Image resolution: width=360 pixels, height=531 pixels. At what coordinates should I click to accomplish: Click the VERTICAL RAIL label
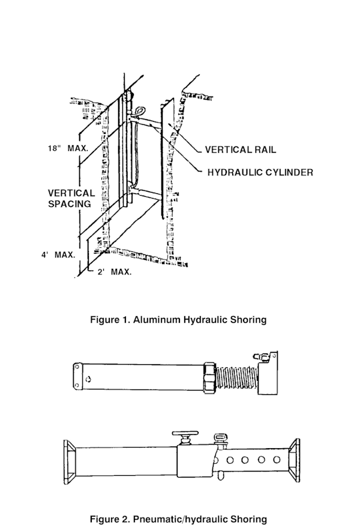(x=241, y=149)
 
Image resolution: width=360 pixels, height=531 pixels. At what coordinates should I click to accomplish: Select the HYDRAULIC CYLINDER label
(x=260, y=172)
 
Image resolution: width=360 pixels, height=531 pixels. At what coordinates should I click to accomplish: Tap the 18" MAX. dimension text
(x=68, y=148)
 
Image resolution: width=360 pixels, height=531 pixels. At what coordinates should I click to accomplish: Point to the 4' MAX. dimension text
(x=58, y=254)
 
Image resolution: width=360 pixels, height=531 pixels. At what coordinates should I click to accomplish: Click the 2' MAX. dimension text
(x=115, y=272)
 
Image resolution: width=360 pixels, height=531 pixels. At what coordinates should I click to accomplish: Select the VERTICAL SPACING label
(x=71, y=199)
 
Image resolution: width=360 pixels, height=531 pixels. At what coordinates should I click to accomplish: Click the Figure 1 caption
(x=178, y=320)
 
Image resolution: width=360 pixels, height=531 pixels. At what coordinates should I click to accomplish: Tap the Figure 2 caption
(x=178, y=519)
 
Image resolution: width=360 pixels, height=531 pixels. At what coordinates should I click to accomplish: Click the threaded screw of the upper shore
(x=237, y=378)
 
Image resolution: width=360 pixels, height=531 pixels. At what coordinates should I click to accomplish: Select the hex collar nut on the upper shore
(x=209, y=377)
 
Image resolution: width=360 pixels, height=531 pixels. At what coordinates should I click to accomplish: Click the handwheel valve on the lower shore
(x=185, y=438)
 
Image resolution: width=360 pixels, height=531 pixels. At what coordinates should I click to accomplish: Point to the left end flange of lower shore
(x=70, y=462)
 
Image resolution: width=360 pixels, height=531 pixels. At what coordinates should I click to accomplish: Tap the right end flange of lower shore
(x=294, y=460)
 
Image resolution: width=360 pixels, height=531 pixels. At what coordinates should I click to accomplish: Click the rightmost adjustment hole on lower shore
(x=277, y=460)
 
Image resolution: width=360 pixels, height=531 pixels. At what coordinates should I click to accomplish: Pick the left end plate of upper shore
(x=77, y=375)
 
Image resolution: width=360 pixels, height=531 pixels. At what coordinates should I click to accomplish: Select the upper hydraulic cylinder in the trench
(x=146, y=121)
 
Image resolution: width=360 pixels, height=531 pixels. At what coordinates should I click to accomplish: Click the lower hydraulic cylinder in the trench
(x=146, y=193)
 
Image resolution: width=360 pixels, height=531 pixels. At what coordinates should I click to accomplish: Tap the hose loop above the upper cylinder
(x=140, y=110)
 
